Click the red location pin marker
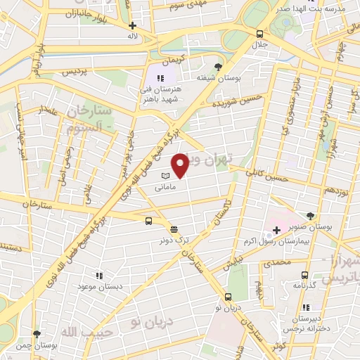(x=181, y=166)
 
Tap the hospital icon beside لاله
(x=133, y=25)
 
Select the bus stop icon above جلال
(x=260, y=34)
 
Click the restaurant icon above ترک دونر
(x=173, y=229)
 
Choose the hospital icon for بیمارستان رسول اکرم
(x=276, y=230)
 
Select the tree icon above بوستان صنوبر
(x=311, y=216)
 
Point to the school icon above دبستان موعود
(x=100, y=276)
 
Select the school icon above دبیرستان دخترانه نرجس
(x=305, y=307)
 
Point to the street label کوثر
(x=281, y=347)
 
